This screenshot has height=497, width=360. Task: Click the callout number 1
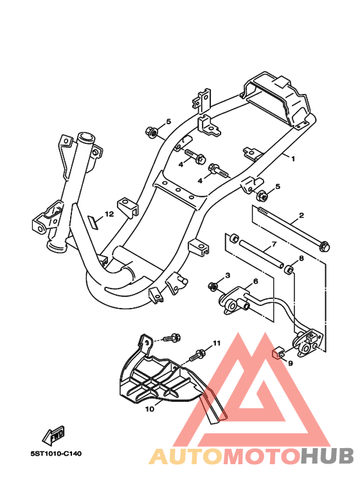tap(292, 158)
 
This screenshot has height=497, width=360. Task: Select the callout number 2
tap(301, 215)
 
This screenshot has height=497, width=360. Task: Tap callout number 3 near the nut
tap(228, 275)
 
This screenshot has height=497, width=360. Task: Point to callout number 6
tap(256, 281)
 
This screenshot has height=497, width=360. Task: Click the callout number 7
tap(274, 244)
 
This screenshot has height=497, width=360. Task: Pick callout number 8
tap(301, 258)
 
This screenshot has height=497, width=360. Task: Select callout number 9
tap(291, 363)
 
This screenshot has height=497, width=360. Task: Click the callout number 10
tap(150, 409)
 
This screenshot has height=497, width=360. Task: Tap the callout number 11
tap(217, 343)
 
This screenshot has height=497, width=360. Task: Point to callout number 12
tap(109, 214)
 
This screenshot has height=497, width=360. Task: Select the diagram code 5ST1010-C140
tap(56, 453)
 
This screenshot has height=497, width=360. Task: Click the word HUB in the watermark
tap(327, 456)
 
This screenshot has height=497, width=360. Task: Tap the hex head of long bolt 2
tap(325, 246)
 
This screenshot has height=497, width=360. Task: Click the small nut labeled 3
tap(213, 287)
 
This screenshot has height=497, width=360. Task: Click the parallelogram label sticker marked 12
tap(93, 222)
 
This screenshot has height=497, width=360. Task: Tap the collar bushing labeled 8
tap(289, 269)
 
